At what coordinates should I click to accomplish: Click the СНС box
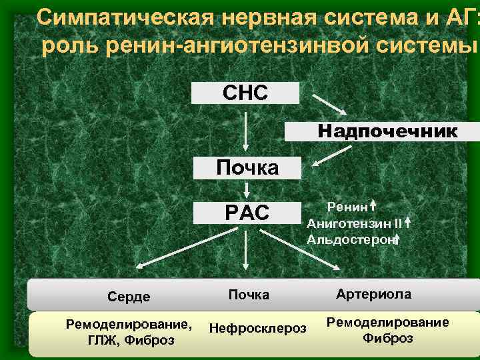[x=245, y=93]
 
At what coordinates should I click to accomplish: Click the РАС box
[x=247, y=213]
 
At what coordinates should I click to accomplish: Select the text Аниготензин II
[x=354, y=222]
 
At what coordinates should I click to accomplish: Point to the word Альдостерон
[x=349, y=237]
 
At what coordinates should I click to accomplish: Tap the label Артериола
[x=373, y=294]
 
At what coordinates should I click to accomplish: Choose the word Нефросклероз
[x=257, y=328]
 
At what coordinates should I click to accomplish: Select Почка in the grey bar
[x=249, y=295]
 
